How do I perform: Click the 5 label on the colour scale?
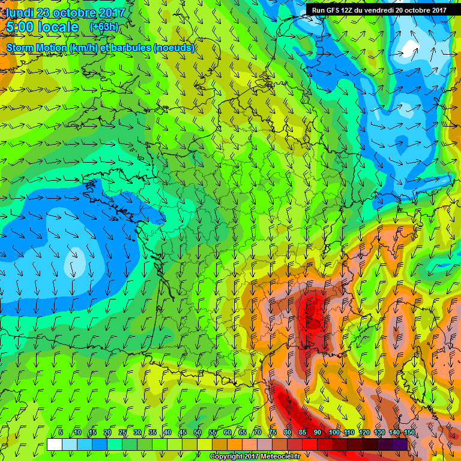[x=61, y=433]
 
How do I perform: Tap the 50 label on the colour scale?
[x=197, y=433]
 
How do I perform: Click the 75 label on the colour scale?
[x=273, y=433]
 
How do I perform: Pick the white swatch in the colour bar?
[x=55, y=445]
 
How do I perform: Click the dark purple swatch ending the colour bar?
[x=400, y=445]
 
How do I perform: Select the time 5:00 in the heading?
[x=20, y=28]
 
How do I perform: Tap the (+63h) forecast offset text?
[x=103, y=27]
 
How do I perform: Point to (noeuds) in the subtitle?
[x=174, y=47]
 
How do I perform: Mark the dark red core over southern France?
[x=312, y=312]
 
